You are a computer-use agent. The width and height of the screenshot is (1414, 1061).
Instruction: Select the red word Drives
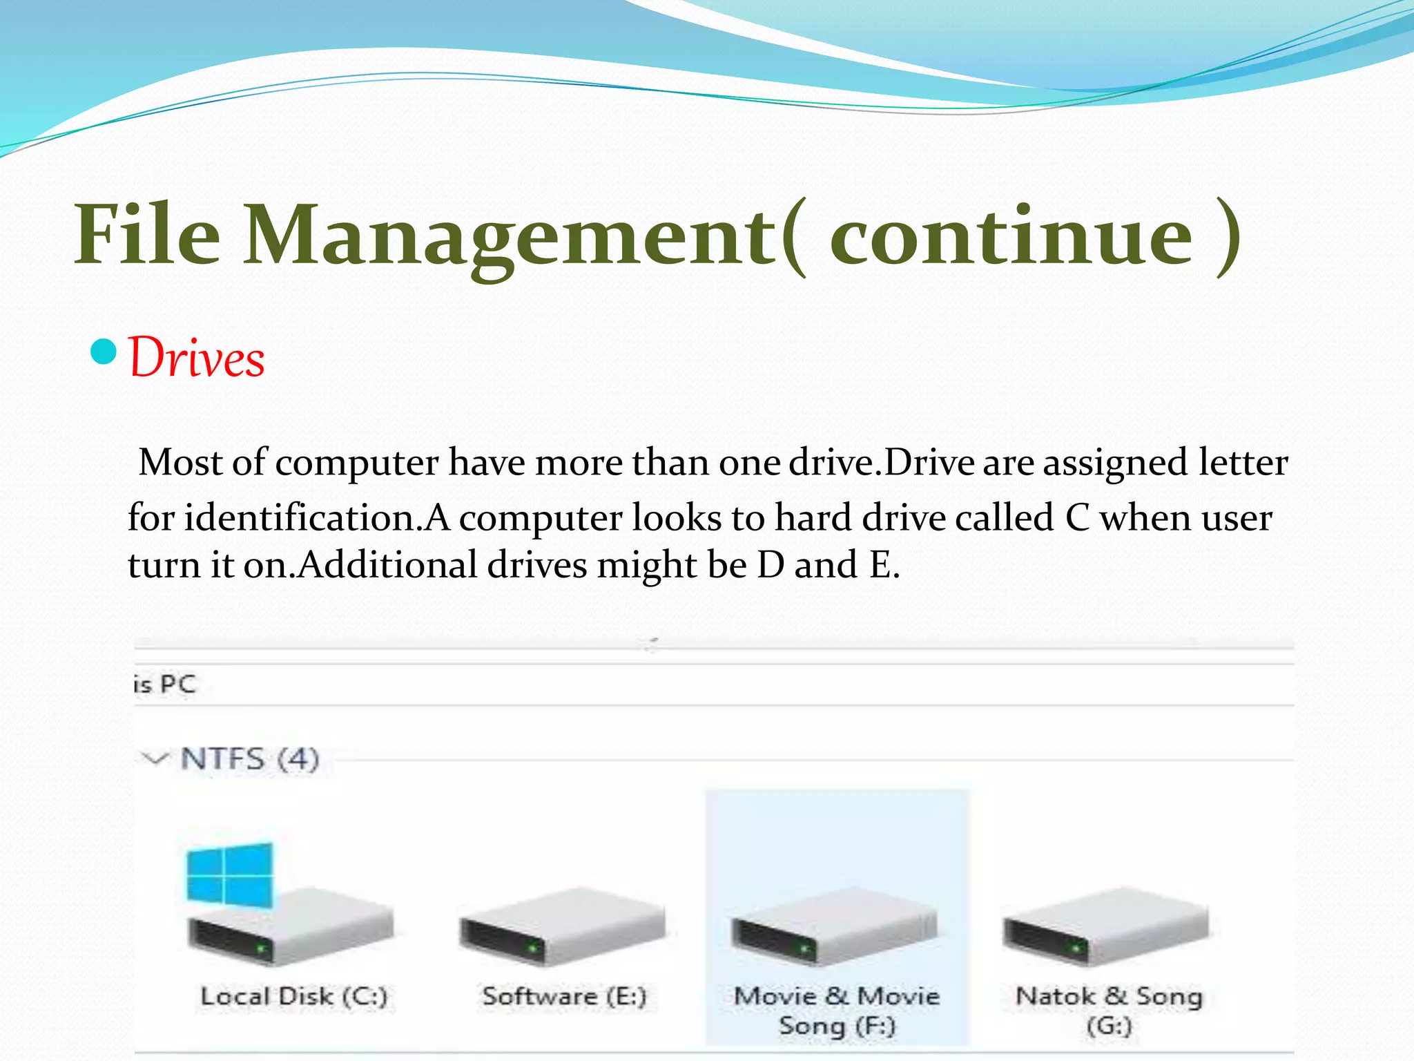[x=197, y=359]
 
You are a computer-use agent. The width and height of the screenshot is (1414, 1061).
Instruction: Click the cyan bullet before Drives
[x=104, y=352]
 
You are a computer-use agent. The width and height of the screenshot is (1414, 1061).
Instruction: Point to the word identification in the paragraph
[x=302, y=518]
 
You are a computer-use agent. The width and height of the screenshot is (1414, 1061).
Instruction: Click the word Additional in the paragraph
[x=388, y=565]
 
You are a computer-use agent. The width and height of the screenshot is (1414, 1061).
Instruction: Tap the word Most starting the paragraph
[x=180, y=462]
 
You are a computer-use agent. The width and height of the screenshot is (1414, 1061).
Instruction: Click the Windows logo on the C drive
[x=230, y=873]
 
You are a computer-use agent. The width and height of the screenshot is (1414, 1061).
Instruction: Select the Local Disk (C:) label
[x=294, y=997]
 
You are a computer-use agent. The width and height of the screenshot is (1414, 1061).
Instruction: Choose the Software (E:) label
[x=564, y=997]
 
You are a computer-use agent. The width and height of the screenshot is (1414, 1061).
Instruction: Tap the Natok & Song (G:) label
[x=1109, y=1010]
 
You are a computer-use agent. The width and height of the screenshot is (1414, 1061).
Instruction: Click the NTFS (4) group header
[x=250, y=759]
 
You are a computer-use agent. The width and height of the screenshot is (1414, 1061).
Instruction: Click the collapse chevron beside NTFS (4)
[x=155, y=759]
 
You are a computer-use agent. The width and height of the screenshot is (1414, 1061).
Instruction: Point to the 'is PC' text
[x=165, y=685]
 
